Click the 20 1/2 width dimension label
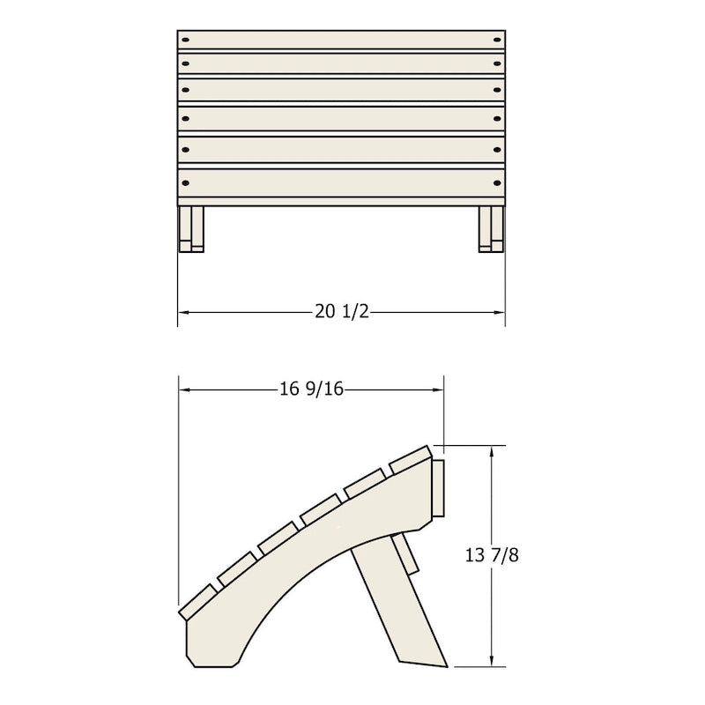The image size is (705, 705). coord(342,312)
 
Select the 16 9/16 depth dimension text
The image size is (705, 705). coord(312,389)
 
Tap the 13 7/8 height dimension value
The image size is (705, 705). coord(492,555)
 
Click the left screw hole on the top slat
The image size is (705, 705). coord(185,40)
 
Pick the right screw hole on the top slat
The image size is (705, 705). coord(497,40)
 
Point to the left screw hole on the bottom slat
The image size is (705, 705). coord(185,183)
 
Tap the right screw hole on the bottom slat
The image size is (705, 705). coord(497,183)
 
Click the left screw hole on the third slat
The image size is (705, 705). coord(185,91)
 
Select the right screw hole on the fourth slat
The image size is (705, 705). coord(497,119)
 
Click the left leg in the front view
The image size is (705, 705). coord(191,229)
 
